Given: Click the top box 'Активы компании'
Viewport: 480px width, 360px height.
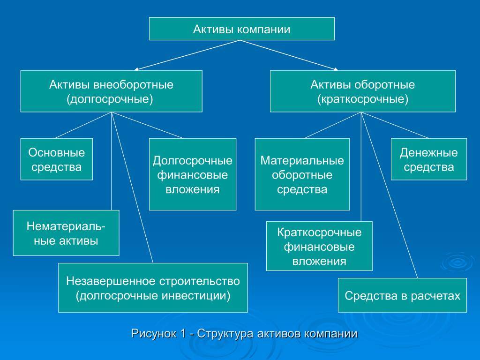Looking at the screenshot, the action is [241, 29].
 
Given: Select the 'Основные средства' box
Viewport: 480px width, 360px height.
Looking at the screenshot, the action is [57, 159].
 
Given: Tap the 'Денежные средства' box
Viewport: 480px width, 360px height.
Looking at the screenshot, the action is [429, 159].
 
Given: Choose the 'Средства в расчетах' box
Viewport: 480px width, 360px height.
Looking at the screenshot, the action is [402, 295].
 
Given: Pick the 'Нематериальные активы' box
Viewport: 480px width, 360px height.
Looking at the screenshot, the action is [66, 233].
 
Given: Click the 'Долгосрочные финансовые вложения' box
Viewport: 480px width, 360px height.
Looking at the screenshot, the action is [193, 174].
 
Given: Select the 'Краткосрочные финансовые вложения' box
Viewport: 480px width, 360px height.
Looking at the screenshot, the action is [319, 246].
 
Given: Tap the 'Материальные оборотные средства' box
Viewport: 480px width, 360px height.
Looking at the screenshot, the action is [302, 174].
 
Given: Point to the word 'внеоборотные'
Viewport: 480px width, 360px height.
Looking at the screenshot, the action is [133, 84].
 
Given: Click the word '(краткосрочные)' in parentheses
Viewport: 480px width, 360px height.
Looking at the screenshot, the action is [363, 99].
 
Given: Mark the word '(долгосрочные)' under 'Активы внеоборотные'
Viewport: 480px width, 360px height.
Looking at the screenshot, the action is [110, 99].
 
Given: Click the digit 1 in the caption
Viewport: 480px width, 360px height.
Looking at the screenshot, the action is [183, 333].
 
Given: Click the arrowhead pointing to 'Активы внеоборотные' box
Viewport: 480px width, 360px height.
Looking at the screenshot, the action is [136, 69].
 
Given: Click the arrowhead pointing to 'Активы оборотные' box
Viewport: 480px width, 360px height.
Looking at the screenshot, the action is [336, 69].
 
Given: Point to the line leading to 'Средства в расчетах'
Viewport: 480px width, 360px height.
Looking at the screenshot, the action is [390, 195].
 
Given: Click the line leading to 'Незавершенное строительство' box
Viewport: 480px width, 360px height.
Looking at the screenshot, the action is [132, 187].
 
